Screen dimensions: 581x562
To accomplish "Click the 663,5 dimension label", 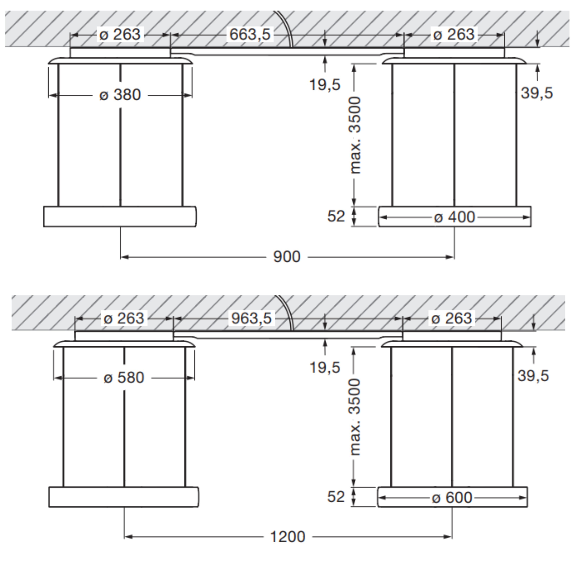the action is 250,34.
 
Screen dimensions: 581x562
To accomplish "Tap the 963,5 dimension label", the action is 251,318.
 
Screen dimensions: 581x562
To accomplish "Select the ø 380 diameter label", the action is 120,95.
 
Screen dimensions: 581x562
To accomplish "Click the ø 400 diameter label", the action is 454,217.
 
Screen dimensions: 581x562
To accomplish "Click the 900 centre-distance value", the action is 287,257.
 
